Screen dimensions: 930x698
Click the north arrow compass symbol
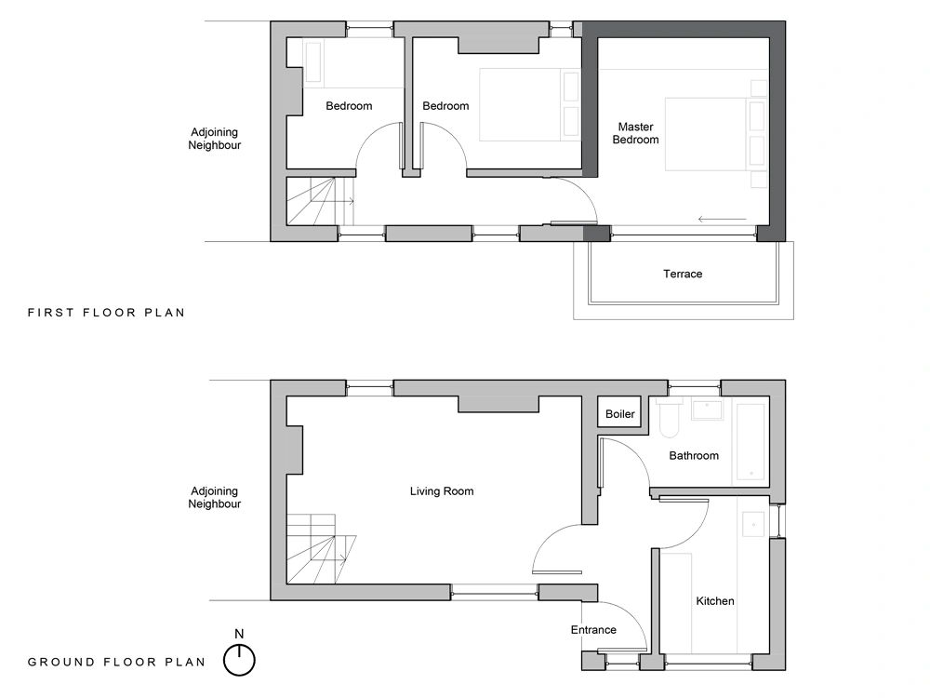click(239, 660)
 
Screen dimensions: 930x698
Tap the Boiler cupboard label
click(619, 414)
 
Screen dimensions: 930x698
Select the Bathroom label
click(694, 456)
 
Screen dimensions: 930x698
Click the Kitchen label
click(714, 601)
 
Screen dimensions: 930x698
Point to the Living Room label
click(441, 491)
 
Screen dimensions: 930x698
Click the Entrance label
click(593, 630)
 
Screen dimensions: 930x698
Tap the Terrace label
click(682, 274)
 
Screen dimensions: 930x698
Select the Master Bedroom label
click(635, 133)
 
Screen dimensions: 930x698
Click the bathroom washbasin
click(708, 409)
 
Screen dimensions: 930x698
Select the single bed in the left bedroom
click(313, 61)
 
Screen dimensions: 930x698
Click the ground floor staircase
click(321, 548)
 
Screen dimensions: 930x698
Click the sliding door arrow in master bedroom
click(722, 220)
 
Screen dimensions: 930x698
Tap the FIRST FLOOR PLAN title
click(106, 312)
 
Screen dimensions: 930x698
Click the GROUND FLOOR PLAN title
click(116, 662)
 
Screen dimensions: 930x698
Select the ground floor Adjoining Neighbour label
click(214, 497)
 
